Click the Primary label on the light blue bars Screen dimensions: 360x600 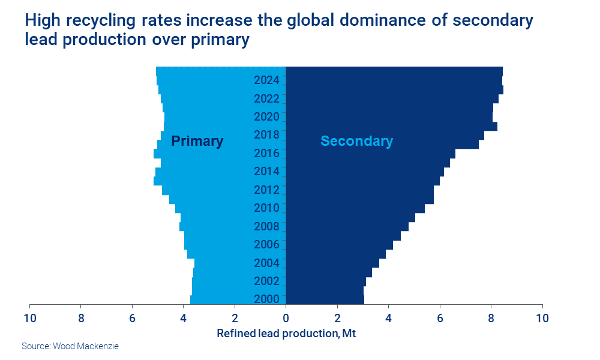coord(197,141)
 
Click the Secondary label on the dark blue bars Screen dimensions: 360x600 coord(356,141)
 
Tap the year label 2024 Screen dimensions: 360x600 coord(266,80)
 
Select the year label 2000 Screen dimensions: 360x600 coord(266,299)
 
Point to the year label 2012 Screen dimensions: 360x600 coord(266,190)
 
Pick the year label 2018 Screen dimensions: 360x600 coord(266,135)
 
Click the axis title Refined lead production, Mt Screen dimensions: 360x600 coord(286,333)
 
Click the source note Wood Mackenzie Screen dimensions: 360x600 coord(70,346)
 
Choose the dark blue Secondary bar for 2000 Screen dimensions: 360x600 coord(324,299)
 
